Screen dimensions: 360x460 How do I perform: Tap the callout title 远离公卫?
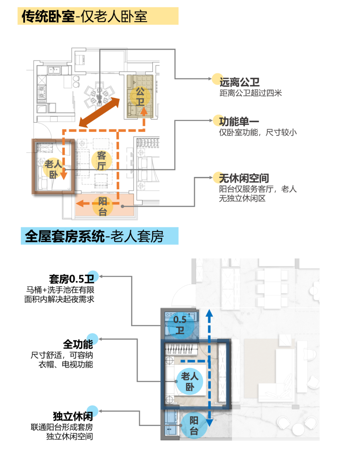click(239, 82)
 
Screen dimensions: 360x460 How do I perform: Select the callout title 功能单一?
click(239, 122)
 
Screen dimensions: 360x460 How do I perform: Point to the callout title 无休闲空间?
click(244, 178)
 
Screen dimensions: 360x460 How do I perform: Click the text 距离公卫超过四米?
click(251, 93)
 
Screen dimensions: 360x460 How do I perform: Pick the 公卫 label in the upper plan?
click(140, 96)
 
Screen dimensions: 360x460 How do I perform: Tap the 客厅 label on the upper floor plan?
click(101, 160)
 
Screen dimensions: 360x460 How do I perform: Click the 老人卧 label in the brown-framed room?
click(53, 169)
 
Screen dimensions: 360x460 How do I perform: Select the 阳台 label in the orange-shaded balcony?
click(103, 206)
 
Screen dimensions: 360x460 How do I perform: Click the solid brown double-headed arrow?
click(99, 112)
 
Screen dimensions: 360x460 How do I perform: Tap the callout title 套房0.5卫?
click(72, 279)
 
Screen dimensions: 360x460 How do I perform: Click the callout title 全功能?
click(78, 344)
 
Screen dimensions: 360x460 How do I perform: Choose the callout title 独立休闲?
click(73, 416)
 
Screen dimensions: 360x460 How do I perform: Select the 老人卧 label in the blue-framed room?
click(190, 382)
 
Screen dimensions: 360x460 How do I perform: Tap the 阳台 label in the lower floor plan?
click(194, 425)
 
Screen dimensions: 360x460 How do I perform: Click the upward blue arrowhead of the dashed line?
click(209, 313)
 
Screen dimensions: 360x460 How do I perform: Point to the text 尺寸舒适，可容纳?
click(62, 355)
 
